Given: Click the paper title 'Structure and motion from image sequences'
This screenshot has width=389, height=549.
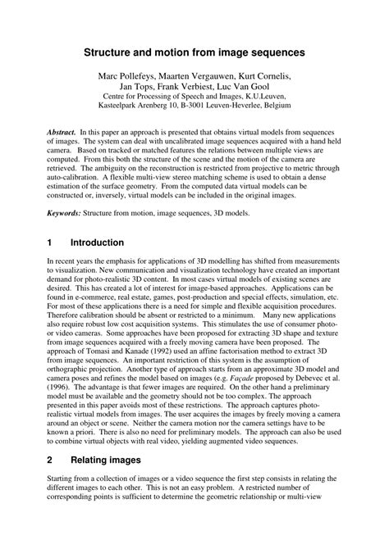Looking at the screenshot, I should (x=194, y=51).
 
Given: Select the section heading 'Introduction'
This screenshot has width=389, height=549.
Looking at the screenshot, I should (x=97, y=243).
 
